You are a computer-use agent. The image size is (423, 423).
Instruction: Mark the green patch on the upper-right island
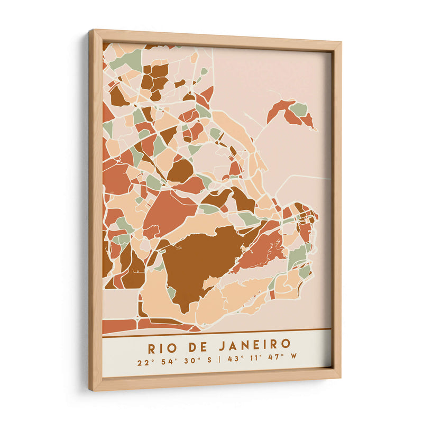coord(299,109)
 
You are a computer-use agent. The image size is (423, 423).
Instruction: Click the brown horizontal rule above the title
coord(217,332)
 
